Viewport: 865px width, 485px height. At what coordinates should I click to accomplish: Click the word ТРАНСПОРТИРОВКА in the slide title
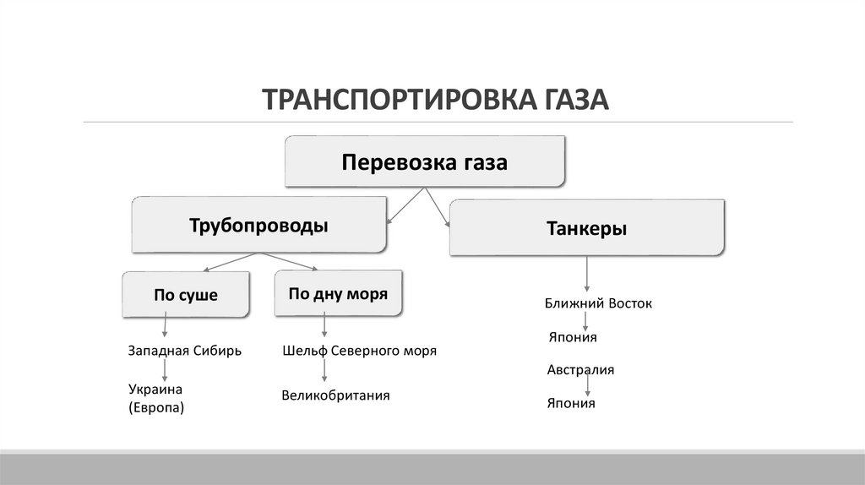(394, 99)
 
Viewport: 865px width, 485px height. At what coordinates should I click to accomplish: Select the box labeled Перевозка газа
(424, 161)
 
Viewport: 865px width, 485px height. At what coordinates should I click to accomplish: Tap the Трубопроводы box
(258, 226)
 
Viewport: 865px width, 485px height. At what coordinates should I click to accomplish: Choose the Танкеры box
(586, 228)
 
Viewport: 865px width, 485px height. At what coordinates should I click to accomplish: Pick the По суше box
(186, 295)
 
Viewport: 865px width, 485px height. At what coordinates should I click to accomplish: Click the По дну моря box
(338, 294)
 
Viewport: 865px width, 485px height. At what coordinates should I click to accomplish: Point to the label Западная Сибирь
(185, 351)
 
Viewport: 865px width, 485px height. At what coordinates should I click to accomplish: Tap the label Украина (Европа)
(156, 398)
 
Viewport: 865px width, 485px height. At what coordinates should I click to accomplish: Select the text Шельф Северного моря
(359, 351)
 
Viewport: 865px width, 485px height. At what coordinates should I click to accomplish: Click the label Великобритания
(335, 395)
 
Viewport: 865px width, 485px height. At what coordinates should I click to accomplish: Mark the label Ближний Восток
(599, 302)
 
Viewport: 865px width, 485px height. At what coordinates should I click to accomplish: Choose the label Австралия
(580, 370)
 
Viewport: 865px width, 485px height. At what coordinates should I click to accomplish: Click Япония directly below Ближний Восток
(572, 337)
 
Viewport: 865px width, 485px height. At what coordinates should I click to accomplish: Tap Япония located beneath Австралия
(571, 403)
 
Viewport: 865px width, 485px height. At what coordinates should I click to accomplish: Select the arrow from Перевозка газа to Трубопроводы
(404, 205)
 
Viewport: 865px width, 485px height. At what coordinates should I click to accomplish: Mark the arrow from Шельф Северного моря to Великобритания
(324, 370)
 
